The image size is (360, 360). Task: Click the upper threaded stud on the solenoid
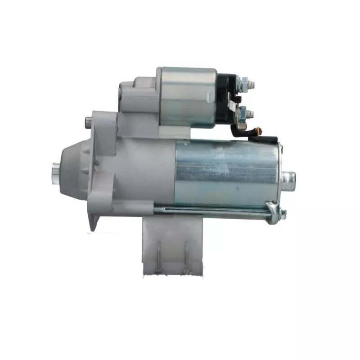pyautogui.click(x=251, y=83)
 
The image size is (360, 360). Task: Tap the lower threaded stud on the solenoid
pyautogui.click(x=251, y=112)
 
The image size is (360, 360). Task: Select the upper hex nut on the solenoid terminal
pyautogui.click(x=243, y=83)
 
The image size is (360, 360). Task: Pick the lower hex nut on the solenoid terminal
pyautogui.click(x=243, y=112)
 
